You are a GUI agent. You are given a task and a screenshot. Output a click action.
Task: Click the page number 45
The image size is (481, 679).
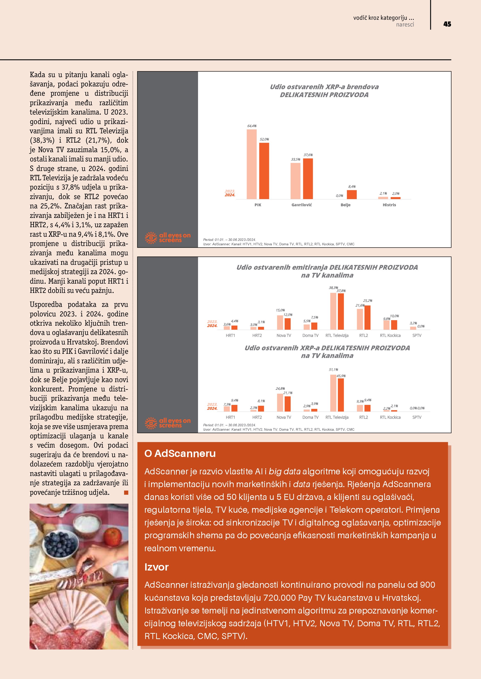tap(447, 24)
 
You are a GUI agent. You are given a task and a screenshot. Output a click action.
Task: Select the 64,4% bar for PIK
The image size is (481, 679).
tap(252, 164)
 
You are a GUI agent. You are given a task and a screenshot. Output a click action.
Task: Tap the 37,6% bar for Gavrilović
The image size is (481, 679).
tap(308, 179)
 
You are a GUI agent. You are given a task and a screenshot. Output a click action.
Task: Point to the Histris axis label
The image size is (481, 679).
tap(389, 205)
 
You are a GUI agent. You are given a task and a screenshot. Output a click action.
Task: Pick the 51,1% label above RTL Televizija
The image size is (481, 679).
tap(333, 370)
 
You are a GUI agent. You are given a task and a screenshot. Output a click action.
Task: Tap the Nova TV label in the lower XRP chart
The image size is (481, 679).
tap(283, 417)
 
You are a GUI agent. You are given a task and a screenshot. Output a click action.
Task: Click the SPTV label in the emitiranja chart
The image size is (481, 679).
tap(417, 335)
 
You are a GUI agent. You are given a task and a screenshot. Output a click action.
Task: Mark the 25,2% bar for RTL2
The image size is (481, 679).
tap(367, 317)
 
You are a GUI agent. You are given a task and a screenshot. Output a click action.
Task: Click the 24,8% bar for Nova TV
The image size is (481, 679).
tap(280, 403)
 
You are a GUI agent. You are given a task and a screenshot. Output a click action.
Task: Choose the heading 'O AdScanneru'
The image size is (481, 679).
tap(180, 453)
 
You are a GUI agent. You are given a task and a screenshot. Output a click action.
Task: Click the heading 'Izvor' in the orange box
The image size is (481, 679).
tap(156, 567)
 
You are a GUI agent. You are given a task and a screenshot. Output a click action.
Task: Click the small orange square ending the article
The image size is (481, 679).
tap(126, 492)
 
